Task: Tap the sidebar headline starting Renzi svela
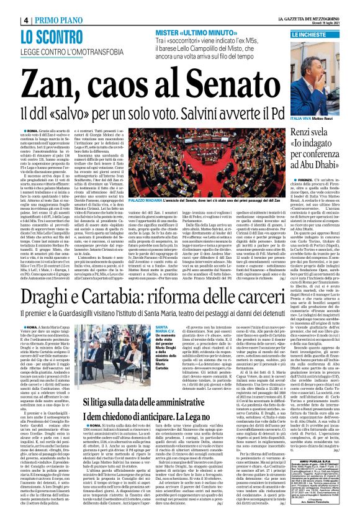313,138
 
